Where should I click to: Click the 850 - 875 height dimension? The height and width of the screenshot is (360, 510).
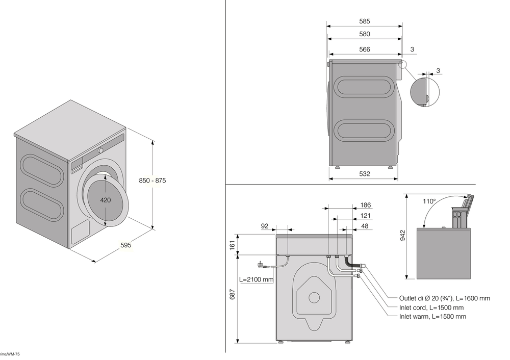pos(153,181)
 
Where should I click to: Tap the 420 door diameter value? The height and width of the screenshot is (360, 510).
pos(106,200)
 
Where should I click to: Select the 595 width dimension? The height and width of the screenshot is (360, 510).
pos(126,245)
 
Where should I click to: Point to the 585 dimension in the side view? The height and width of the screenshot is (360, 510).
pos(364,21)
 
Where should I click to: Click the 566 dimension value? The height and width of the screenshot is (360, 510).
pos(364,49)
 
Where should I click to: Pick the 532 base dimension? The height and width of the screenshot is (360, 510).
pos(364,173)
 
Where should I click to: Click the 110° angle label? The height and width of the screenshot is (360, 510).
pos(429,201)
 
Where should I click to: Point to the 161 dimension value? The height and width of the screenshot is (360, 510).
pos(233,245)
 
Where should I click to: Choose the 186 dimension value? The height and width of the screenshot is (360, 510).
pos(365,205)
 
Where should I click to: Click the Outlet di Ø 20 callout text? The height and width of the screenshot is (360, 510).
pos(444,298)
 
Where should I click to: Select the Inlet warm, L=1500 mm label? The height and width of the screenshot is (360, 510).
pos(432,317)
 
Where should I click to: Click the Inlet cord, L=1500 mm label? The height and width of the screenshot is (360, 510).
pos(431,307)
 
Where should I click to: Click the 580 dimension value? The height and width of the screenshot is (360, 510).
pos(364,34)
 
